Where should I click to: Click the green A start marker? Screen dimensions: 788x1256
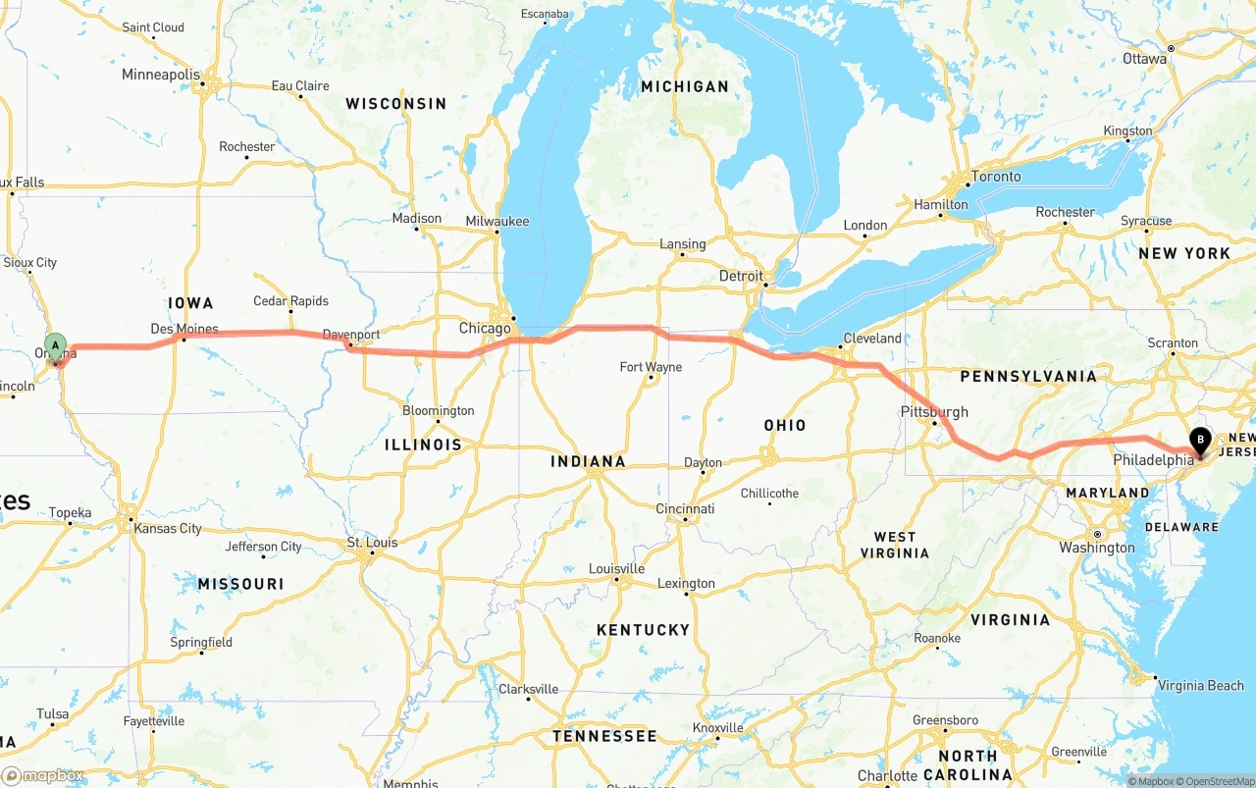click(56, 345)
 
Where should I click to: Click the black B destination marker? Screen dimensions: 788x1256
click(1199, 441)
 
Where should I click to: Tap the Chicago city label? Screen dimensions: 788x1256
click(485, 328)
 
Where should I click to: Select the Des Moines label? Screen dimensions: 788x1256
click(184, 329)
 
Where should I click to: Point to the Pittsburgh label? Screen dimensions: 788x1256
click(934, 412)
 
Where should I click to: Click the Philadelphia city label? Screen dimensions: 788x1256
click(1153, 459)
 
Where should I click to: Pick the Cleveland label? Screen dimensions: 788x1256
click(871, 338)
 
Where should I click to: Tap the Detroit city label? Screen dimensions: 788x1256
click(741, 276)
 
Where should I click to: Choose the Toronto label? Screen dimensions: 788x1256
click(995, 177)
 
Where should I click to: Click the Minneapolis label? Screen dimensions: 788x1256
click(161, 75)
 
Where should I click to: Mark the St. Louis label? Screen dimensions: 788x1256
click(373, 543)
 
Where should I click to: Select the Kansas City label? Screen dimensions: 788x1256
click(168, 528)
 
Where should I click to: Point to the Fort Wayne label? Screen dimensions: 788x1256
click(651, 367)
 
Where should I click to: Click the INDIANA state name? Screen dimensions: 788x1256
click(588, 461)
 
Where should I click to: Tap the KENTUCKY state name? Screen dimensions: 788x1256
click(643, 629)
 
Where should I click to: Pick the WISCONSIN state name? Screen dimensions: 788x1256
click(395, 103)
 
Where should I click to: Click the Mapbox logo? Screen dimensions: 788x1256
click(43, 775)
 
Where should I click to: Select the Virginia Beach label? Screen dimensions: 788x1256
click(1200, 686)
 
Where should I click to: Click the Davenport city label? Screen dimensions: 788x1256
click(351, 335)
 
